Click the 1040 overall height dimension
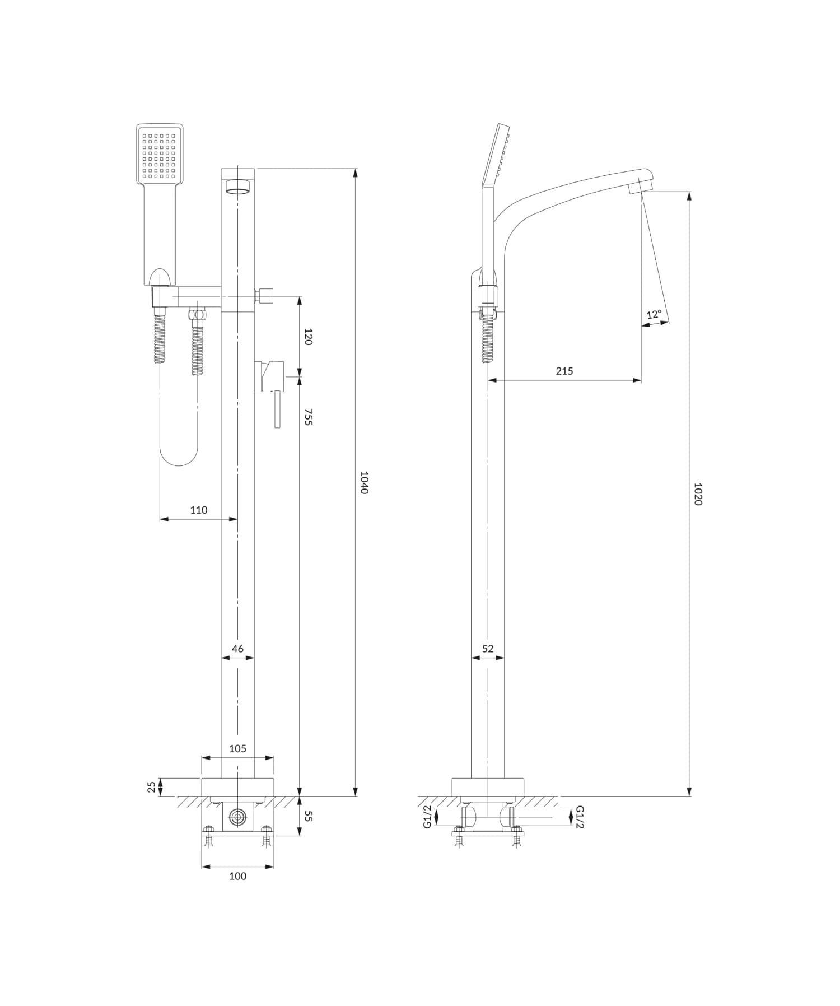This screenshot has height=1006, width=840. pyautogui.click(x=364, y=482)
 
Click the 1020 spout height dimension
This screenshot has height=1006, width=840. pyautogui.click(x=697, y=494)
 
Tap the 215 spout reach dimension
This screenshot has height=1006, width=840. pyautogui.click(x=564, y=371)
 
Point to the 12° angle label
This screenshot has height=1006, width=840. pyautogui.click(x=654, y=314)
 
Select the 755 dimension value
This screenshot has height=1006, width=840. pyautogui.click(x=308, y=417)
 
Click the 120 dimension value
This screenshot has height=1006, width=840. pyautogui.click(x=308, y=337)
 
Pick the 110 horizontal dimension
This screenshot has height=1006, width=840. pyautogui.click(x=199, y=510)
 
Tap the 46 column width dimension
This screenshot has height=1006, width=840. pyautogui.click(x=237, y=648)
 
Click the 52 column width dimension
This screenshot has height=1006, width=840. pyautogui.click(x=488, y=648)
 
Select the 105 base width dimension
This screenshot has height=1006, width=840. pyautogui.click(x=237, y=748)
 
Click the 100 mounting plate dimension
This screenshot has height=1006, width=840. pyautogui.click(x=237, y=876)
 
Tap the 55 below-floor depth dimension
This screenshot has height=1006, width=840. pyautogui.click(x=308, y=816)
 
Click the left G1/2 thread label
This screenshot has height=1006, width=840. pyautogui.click(x=428, y=817)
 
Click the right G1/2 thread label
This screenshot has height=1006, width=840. pyautogui.click(x=580, y=817)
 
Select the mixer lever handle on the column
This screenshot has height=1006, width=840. pyautogui.click(x=277, y=409)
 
